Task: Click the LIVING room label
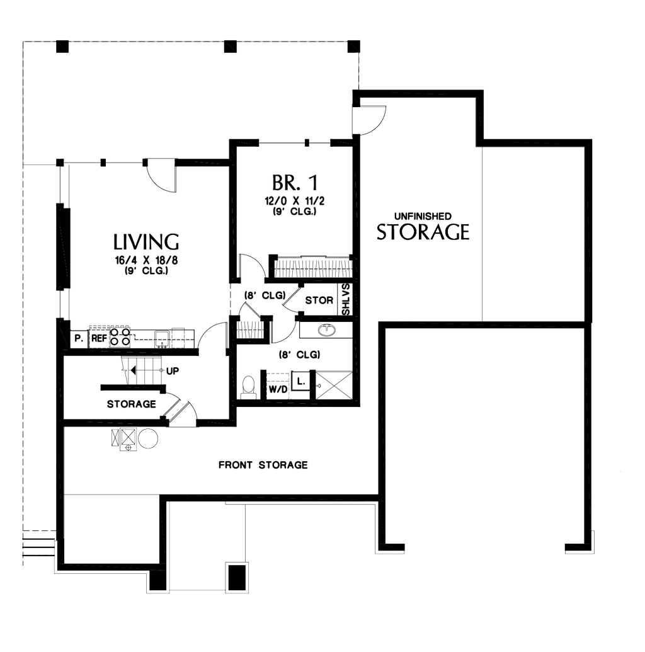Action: point(146,242)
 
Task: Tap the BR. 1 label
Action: point(294,183)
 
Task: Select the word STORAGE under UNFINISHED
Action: point(423,232)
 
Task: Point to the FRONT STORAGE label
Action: point(263,466)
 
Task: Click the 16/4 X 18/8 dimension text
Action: point(146,261)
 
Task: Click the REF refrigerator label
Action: point(99,338)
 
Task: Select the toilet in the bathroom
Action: point(249,387)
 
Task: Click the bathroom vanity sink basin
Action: point(326,329)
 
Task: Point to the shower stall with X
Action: point(334,384)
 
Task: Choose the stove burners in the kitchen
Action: point(121,337)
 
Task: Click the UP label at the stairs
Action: point(173,370)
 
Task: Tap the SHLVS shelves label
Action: point(346,300)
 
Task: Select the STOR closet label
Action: point(319,300)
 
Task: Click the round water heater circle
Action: point(149,438)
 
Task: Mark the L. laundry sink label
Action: point(301,381)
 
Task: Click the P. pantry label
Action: point(79,338)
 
